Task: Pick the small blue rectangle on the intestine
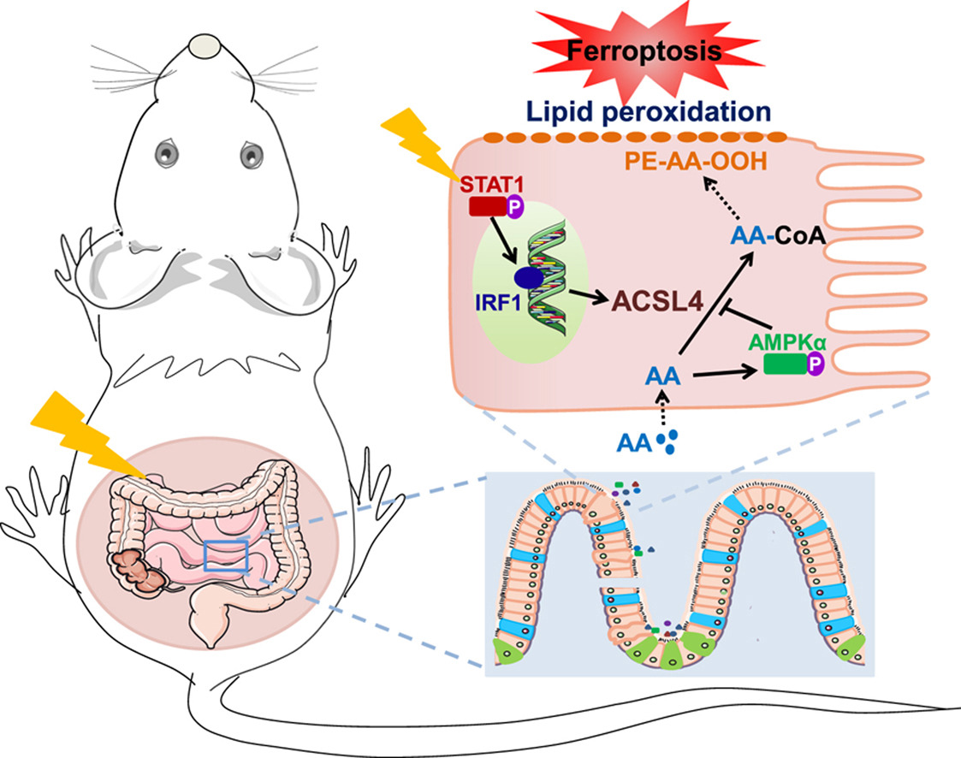click(226, 555)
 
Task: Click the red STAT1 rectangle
click(484, 207)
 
